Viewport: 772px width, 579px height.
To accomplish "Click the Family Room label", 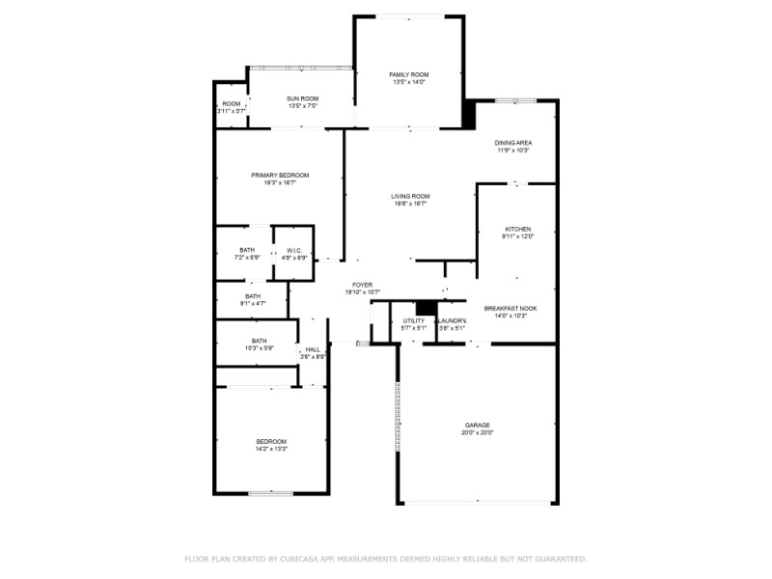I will click(409, 74).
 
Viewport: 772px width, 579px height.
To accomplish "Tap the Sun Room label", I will click(302, 97).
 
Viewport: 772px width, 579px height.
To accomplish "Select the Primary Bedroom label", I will click(280, 175).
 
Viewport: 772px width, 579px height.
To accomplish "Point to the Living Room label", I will click(410, 196).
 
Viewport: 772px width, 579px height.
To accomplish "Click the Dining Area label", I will click(514, 143).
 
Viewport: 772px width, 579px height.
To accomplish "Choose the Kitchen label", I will click(517, 229).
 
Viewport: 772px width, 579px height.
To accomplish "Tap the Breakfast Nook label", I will click(510, 308).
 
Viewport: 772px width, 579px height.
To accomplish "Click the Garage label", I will click(478, 425).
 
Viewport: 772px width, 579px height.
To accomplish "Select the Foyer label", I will click(362, 285).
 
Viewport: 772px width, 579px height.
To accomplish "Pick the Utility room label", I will click(413, 320).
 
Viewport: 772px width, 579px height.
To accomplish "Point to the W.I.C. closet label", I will click(294, 250).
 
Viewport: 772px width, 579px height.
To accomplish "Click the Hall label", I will click(313, 349).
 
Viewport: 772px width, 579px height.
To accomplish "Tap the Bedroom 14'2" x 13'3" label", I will click(271, 441).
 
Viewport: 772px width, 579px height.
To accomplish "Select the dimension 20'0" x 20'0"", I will click(478, 433).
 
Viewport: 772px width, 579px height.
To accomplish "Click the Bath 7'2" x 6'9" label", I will click(248, 250).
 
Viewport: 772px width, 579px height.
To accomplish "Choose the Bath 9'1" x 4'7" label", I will click(252, 296).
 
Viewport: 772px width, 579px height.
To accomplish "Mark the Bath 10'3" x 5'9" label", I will click(259, 340).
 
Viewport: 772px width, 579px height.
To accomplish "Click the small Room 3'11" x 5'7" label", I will click(232, 104).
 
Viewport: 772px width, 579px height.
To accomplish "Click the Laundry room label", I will click(452, 320).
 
